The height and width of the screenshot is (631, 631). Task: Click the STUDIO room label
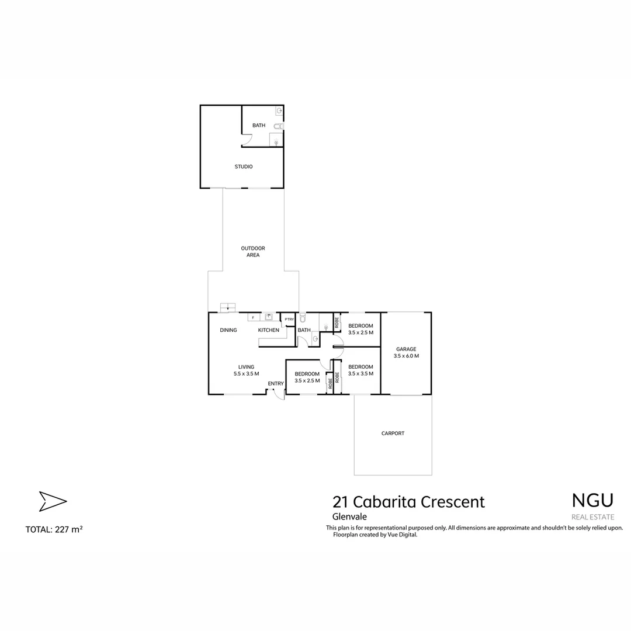tap(244, 167)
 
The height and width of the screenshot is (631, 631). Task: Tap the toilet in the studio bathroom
tap(278, 126)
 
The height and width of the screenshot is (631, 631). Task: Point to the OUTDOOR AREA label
tap(253, 252)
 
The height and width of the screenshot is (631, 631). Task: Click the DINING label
tap(228, 330)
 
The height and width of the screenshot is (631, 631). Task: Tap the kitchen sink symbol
tap(269, 317)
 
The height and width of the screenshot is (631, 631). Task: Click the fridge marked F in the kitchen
tap(252, 318)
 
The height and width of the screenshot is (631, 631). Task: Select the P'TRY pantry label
tap(289, 319)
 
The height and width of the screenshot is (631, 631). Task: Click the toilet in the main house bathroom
tap(303, 319)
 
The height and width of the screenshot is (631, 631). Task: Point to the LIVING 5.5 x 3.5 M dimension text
tap(246, 373)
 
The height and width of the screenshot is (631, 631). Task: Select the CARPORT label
tap(393, 434)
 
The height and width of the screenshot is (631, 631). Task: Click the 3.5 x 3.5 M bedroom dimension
tap(360, 373)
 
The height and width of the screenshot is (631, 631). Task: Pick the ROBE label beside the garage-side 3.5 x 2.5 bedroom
tap(337, 322)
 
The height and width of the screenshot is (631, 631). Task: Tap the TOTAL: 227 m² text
tap(54, 530)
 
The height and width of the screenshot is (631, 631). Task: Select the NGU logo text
tap(592, 501)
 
